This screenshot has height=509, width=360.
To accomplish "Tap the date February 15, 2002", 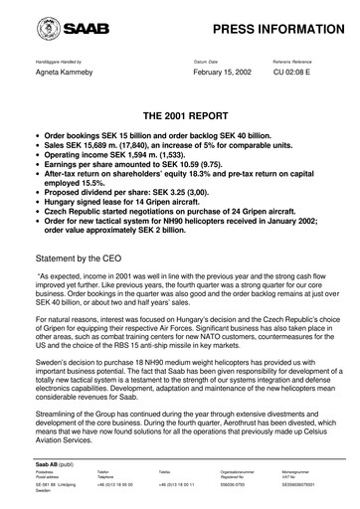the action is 220,75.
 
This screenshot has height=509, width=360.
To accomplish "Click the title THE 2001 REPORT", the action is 180,116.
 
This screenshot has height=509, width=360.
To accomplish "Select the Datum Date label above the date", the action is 208,62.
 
